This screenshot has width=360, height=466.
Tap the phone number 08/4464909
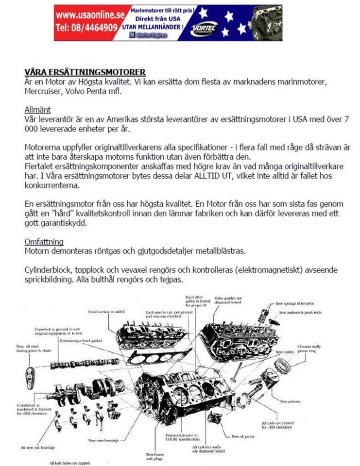(x=86, y=28)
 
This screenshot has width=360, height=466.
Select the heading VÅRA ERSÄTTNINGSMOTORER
(x=85, y=72)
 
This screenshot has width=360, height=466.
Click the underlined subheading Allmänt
(x=37, y=110)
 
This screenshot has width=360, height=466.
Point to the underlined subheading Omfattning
(x=44, y=242)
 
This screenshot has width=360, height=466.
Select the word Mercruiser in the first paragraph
(x=43, y=91)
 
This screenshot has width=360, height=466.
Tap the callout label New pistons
(x=290, y=401)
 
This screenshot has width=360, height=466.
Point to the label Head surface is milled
(x=106, y=311)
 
